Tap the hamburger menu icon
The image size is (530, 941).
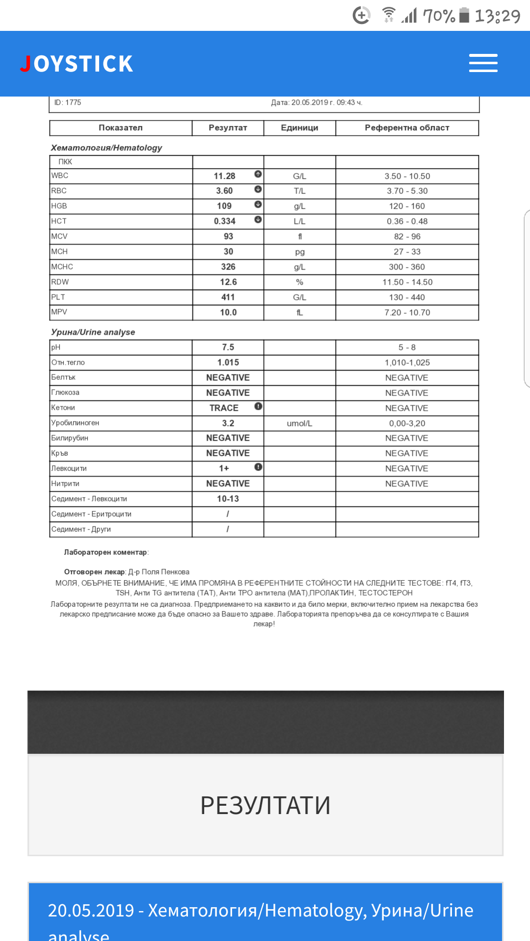pyautogui.click(x=483, y=63)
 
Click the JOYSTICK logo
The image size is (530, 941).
pyautogui.click(x=77, y=64)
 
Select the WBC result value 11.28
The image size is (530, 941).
pyautogui.click(x=224, y=176)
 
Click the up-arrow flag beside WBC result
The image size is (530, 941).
pyautogui.click(x=258, y=174)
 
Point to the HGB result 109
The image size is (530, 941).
pyautogui.click(x=224, y=206)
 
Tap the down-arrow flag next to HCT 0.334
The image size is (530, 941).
pyautogui.click(x=258, y=220)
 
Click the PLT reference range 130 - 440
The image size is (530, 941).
pyautogui.click(x=407, y=297)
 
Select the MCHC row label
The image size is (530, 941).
pyautogui.click(x=62, y=267)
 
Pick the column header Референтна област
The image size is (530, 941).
pyautogui.click(x=407, y=128)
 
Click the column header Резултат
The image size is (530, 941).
pyautogui.click(x=228, y=128)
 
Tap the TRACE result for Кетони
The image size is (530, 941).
pyautogui.click(x=224, y=408)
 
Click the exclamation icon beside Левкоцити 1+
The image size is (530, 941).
pyautogui.click(x=259, y=467)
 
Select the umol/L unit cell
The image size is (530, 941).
pyautogui.click(x=299, y=423)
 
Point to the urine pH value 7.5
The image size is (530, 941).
pyautogui.click(x=228, y=347)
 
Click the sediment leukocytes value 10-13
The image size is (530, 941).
pyautogui.click(x=228, y=499)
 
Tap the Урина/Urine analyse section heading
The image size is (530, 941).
pyautogui.click(x=93, y=332)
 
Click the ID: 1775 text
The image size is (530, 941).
pyautogui.click(x=68, y=102)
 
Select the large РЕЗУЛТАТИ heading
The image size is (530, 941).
pyautogui.click(x=265, y=805)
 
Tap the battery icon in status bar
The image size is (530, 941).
pyautogui.click(x=464, y=15)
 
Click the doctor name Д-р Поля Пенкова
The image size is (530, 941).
pyautogui.click(x=159, y=572)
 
